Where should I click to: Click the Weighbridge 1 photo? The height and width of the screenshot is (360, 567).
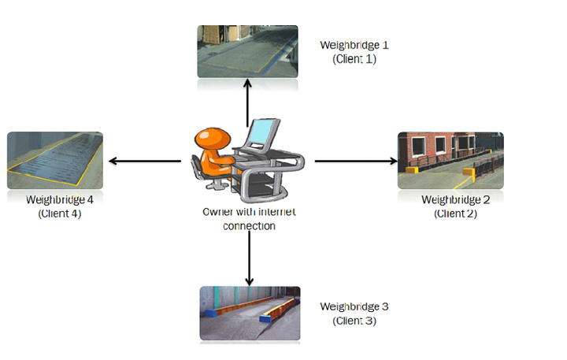[248, 51]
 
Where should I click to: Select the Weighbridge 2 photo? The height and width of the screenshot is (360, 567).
[450, 160]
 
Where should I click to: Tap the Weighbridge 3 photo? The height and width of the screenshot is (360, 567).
[250, 314]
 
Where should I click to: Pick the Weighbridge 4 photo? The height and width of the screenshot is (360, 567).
[55, 160]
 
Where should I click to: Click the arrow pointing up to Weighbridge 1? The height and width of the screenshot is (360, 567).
[248, 103]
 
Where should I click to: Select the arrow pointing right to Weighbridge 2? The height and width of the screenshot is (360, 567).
[356, 161]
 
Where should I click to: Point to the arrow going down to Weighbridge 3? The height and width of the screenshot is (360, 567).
[249, 258]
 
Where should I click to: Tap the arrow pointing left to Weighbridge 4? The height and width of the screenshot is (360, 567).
[145, 161]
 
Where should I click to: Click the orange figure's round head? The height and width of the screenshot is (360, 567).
[213, 139]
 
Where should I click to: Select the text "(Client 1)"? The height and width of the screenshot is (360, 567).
[354, 59]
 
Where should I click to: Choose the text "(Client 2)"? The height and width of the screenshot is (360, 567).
[456, 213]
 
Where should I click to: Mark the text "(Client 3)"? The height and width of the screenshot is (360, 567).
[354, 321]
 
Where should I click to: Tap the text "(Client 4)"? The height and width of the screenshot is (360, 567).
[60, 213]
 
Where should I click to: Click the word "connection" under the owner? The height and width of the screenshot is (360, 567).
[249, 226]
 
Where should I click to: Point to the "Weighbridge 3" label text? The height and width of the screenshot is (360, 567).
[354, 306]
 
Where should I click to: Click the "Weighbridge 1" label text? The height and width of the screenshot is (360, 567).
[354, 45]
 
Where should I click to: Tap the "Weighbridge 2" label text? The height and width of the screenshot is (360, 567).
[456, 200]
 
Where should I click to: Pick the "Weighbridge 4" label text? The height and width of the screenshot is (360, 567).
[60, 200]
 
